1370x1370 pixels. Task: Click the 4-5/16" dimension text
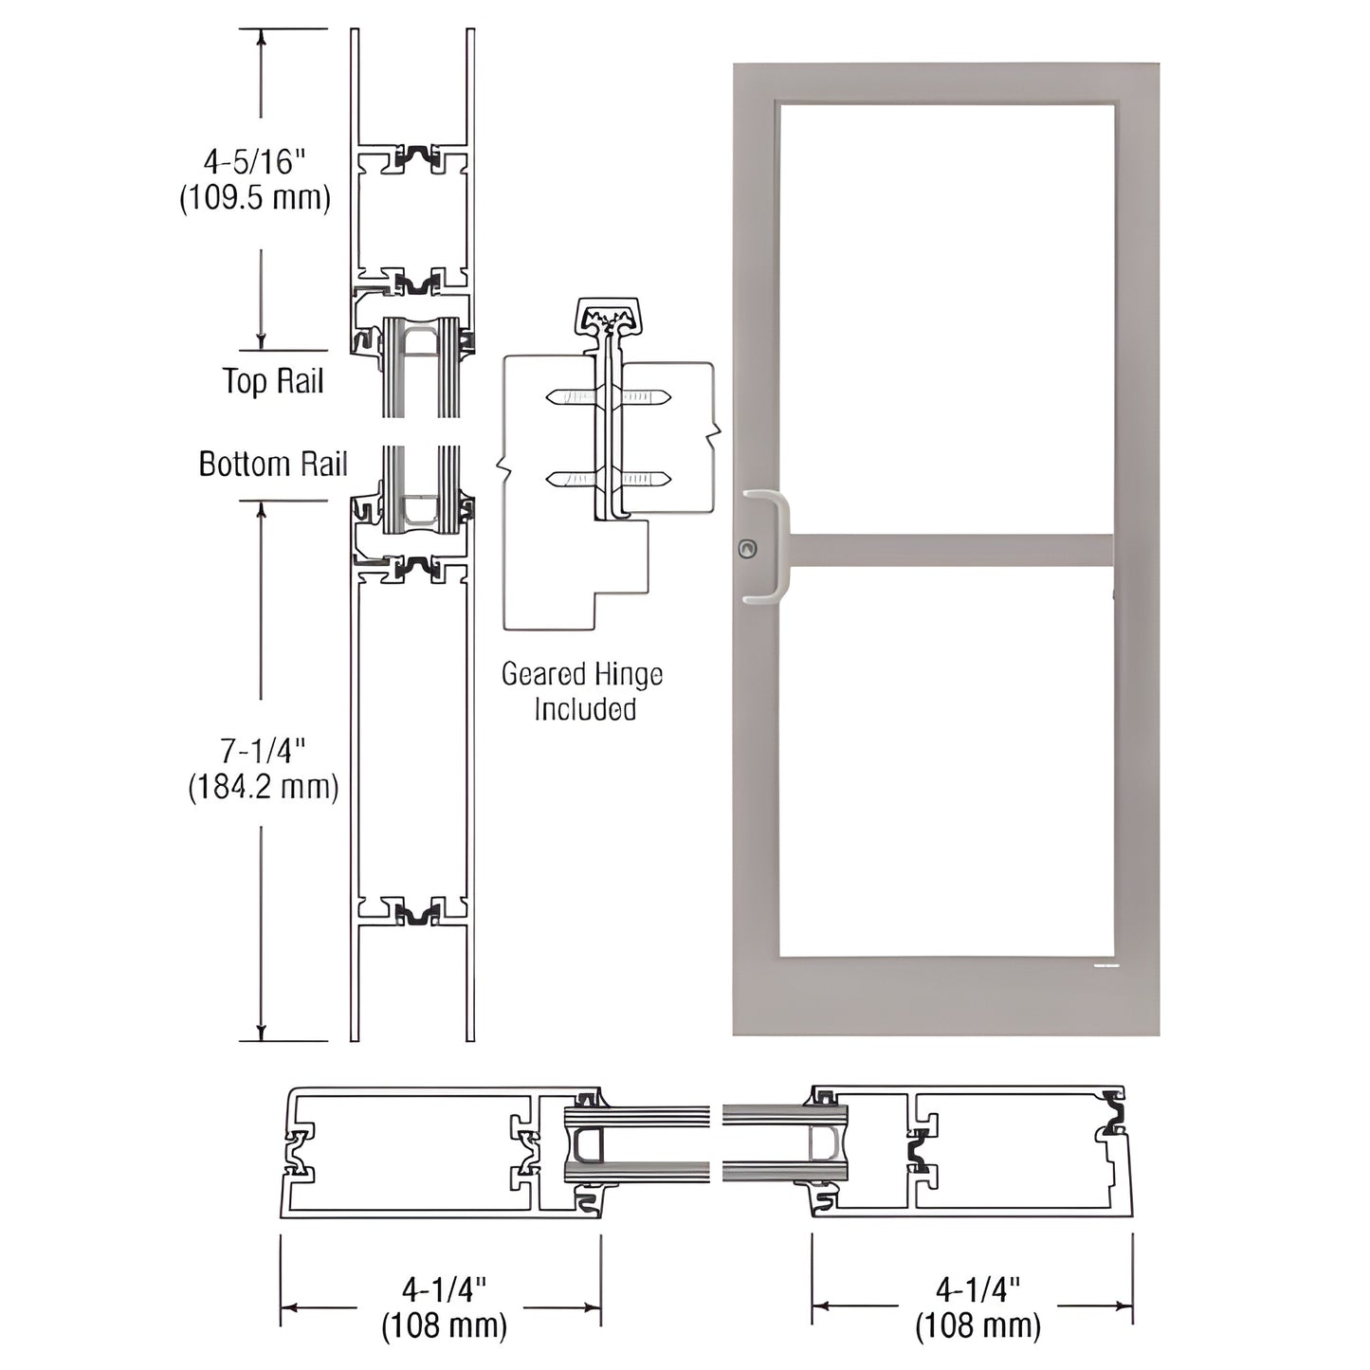coord(256,162)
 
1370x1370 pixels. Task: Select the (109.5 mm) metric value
coord(255,198)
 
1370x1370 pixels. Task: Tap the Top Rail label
coord(273,381)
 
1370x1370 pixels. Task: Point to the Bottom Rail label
coord(273,465)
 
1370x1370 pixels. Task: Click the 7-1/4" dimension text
coord(263,752)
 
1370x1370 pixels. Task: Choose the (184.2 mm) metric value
coord(263,787)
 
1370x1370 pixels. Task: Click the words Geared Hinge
coord(582,675)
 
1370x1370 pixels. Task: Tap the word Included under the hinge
coord(584,709)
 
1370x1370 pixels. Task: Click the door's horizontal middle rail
coord(950,550)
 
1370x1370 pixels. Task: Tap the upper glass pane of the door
coord(946,318)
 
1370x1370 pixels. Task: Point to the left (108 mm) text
coord(444,1324)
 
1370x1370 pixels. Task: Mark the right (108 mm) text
coord(977,1324)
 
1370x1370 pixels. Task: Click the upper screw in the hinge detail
coord(609,397)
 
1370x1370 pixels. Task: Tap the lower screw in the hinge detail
coord(609,480)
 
